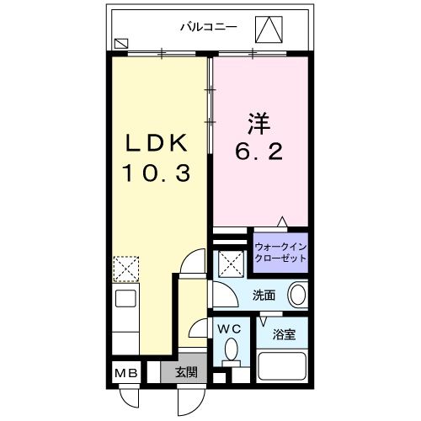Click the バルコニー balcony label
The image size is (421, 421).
click(x=208, y=26)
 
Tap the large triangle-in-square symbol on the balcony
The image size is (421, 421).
click(x=270, y=29)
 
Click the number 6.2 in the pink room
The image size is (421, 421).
click(x=260, y=154)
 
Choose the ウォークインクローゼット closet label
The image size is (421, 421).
click(x=280, y=252)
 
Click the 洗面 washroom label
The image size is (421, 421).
click(x=264, y=296)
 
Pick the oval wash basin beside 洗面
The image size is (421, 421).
click(x=297, y=296)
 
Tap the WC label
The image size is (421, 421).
click(x=229, y=328)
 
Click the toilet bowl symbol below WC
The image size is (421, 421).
click(x=232, y=351)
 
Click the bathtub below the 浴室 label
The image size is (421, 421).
click(x=283, y=367)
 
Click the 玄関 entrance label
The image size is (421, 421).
click(x=186, y=372)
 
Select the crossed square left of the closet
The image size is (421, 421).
click(x=230, y=264)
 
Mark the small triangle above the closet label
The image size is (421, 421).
click(x=283, y=222)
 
